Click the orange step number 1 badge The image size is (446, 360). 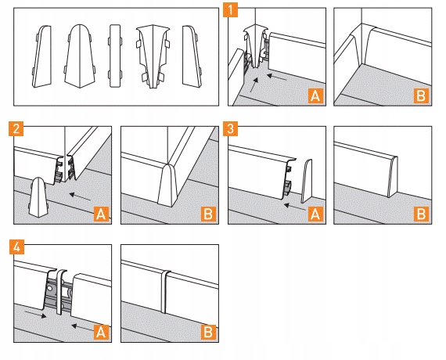point(230,9)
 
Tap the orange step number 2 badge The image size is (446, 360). point(16,128)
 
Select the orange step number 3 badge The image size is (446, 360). point(230,128)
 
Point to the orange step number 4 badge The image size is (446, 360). point(16,247)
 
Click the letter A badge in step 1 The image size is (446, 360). point(315,95)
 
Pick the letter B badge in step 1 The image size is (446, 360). point(421,95)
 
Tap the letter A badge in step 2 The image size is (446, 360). point(101,214)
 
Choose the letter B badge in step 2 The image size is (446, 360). point(208,214)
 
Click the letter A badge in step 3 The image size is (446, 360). point(315,214)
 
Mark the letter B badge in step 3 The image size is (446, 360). point(421,214)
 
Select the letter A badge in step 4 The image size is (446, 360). point(101,332)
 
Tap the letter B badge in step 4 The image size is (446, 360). point(208,332)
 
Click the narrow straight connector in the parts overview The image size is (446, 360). point(115,56)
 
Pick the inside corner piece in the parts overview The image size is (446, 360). point(153,56)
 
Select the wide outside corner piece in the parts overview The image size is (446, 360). point(80,56)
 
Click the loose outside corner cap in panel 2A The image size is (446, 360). point(38,197)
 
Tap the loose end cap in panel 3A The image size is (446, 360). point(307,181)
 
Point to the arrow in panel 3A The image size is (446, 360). point(295,207)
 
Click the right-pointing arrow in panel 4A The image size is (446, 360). point(35,314)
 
